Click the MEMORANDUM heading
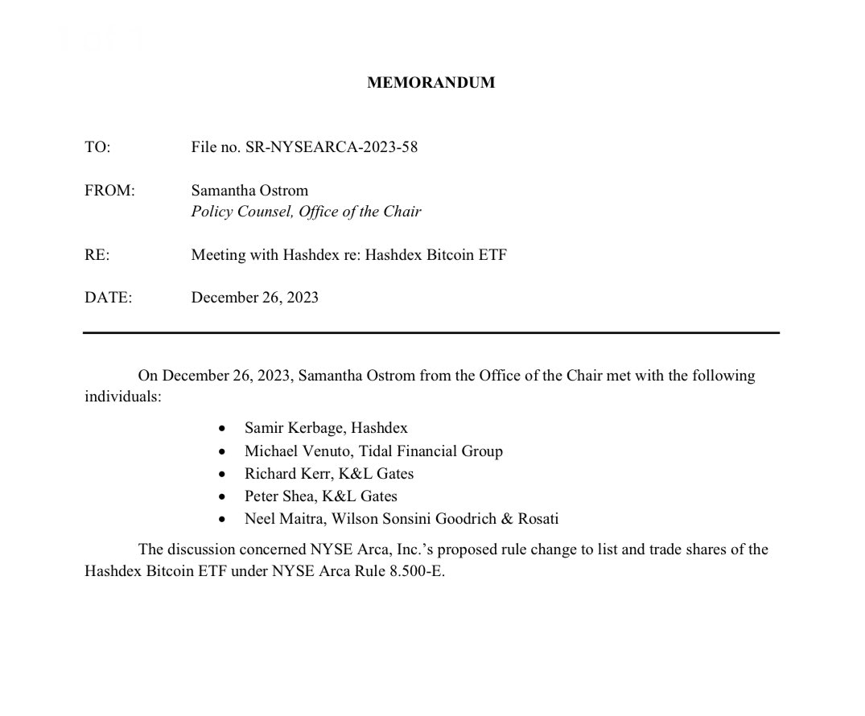pos(430,83)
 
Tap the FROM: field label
pos(110,191)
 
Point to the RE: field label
pos(97,255)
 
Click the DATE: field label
pos(108,298)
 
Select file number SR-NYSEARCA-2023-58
pos(304,147)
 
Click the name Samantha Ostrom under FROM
pos(249,191)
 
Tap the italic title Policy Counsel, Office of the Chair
pos(306,212)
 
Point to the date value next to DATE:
pos(254,298)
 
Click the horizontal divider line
pos(430,332)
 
